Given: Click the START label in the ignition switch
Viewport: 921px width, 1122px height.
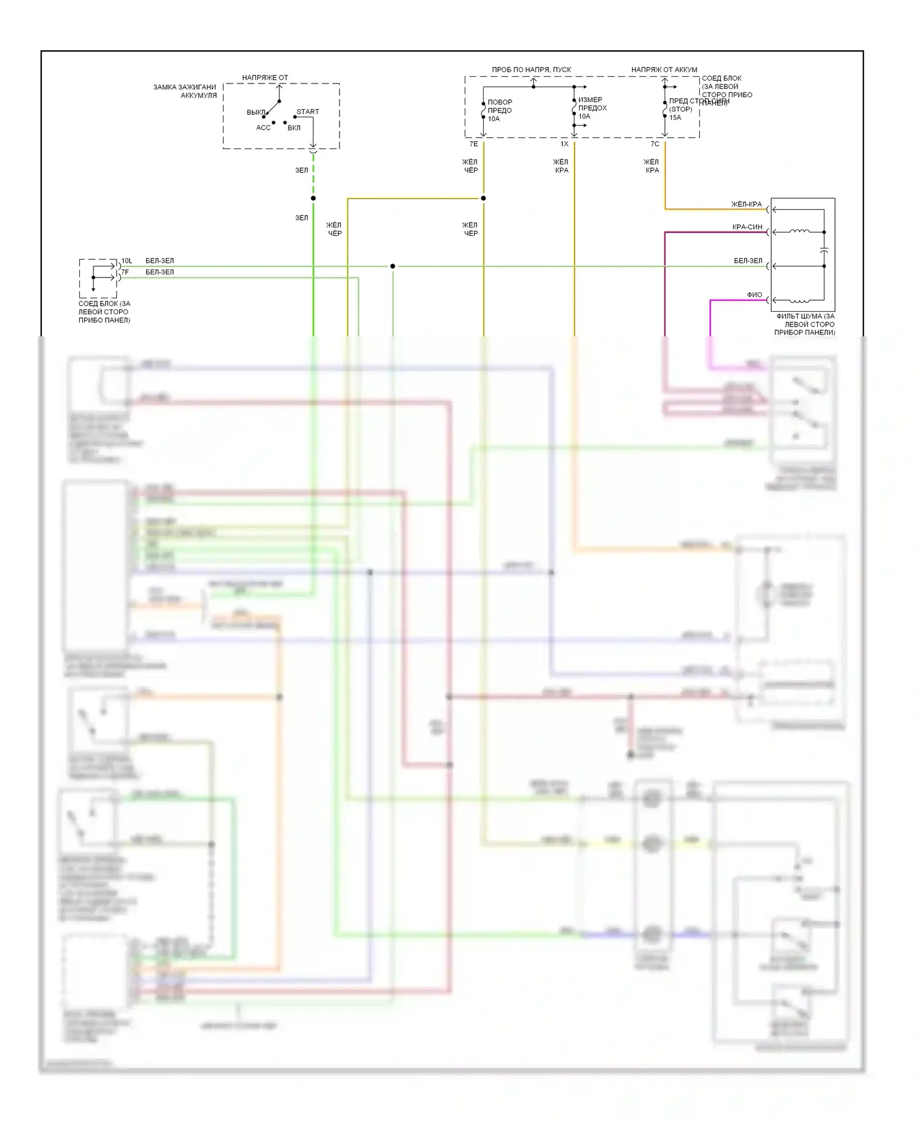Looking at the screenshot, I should (x=308, y=112).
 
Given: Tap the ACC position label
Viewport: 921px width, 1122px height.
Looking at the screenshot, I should (x=263, y=128).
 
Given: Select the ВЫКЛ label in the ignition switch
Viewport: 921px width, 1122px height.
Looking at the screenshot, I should (x=255, y=113).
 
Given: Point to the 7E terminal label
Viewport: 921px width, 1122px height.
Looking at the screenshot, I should (x=473, y=144).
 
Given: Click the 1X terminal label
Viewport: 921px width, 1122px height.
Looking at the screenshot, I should (x=564, y=144).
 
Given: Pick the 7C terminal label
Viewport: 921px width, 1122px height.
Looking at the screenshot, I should (x=655, y=144).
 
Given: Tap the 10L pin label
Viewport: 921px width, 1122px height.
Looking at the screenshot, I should (x=126, y=261).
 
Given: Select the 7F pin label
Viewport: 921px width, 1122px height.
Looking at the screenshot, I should (x=125, y=272).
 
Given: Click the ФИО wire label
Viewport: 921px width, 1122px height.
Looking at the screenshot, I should (x=754, y=295).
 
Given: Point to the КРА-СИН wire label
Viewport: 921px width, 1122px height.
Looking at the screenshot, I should (x=747, y=227).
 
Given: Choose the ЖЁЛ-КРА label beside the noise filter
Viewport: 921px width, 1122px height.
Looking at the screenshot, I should (x=746, y=204).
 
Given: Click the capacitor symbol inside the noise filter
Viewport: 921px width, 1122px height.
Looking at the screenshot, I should (x=824, y=250).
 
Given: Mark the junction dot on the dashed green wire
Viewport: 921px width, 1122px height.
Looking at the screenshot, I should (x=313, y=198).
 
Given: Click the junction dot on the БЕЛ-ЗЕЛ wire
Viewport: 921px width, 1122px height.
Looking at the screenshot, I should (x=392, y=266).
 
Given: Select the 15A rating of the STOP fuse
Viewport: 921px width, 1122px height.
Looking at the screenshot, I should (x=675, y=118).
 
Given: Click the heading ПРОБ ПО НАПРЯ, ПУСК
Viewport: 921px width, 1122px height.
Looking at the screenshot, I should (x=531, y=70).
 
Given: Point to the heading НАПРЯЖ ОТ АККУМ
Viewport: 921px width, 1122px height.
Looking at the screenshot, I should (x=664, y=70).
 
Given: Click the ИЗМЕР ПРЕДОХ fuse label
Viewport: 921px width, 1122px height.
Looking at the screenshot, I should (x=592, y=104).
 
